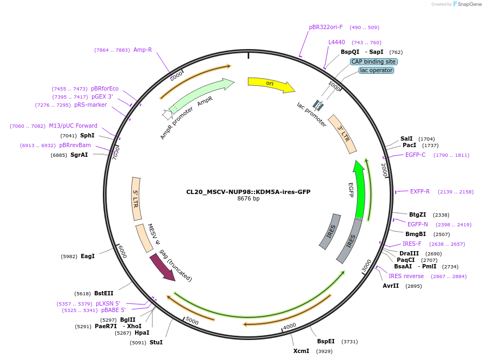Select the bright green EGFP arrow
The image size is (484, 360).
point(360,189)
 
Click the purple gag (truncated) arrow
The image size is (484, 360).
point(162,267)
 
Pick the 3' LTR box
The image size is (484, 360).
point(342,134)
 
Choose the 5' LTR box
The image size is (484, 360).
point(136,198)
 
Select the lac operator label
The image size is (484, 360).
point(376,70)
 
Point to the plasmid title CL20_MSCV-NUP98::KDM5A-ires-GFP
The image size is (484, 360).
point(248,192)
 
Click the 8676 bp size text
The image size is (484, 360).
point(248,199)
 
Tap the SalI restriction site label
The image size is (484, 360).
point(406,139)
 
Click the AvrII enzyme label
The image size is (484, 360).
point(391,286)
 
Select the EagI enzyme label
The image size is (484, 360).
point(87,256)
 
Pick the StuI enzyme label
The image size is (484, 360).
point(156,342)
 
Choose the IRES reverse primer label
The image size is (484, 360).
point(406,276)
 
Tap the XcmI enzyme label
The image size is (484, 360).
point(301,351)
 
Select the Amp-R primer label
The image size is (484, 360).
point(143,50)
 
